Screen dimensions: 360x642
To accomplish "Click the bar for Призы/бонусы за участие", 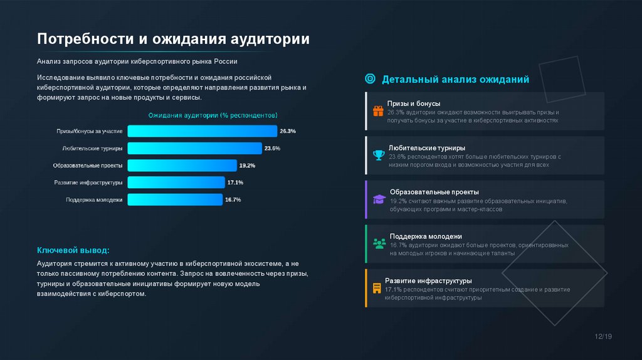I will coord(202,131).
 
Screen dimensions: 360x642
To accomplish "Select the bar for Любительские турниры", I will coord(194,149).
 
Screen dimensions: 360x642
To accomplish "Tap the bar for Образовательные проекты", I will coord(182,166).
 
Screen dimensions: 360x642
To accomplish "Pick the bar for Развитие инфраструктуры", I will coord(176,183).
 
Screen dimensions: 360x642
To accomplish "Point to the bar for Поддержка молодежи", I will coord(175,199).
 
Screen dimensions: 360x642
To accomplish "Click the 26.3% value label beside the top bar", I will coord(288,131).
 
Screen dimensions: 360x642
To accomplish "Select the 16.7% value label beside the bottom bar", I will coord(233,199).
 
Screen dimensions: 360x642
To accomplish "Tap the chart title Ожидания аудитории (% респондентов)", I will coord(213,115).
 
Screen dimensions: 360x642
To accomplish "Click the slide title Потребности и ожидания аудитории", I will coord(173,39).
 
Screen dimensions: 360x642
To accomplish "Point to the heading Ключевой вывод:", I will coord(73,250).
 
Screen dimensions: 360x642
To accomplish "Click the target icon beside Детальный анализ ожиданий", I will coord(370,79).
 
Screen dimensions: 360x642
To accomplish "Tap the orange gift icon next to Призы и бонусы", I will coord(378,112).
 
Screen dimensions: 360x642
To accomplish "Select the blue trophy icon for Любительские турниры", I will coord(378,154).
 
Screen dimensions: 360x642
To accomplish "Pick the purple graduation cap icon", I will coord(379,199).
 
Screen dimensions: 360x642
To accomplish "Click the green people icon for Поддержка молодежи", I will coord(379,243).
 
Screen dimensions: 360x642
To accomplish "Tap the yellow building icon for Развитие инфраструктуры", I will coord(377,288).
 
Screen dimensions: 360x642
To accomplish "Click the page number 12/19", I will coord(603,337).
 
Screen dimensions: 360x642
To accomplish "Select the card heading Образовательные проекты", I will coord(434,191).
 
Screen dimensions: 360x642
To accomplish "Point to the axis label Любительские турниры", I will coord(92,149).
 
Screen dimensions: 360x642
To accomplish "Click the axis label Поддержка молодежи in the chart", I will coord(94,199).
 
